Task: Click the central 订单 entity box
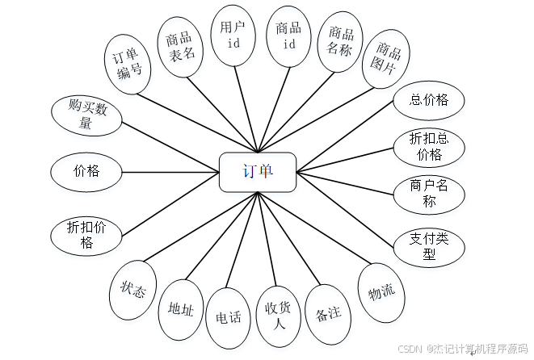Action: click(258, 171)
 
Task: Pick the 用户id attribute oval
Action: click(233, 35)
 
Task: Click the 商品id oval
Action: click(288, 36)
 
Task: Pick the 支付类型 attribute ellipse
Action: click(428, 245)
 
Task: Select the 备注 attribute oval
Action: click(329, 314)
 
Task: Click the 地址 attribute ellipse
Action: click(180, 308)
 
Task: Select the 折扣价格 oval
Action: click(86, 234)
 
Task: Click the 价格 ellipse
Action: click(86, 171)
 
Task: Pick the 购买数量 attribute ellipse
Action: click(86, 114)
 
